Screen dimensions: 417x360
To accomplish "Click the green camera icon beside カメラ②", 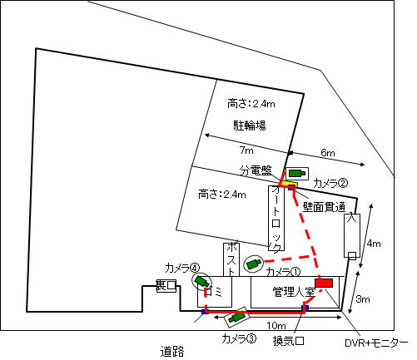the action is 296,174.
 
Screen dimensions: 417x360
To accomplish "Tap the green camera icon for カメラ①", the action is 253,264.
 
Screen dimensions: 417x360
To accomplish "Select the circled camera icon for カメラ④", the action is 201,282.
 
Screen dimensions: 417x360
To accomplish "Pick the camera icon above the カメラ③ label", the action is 237,317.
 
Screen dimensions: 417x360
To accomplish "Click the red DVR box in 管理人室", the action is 324,283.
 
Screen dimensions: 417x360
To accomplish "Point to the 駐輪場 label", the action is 250,126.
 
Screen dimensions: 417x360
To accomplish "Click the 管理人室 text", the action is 294,292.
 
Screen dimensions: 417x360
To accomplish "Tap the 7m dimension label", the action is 246,150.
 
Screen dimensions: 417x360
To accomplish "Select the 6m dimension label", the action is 328,153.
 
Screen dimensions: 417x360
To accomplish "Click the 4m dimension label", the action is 374,244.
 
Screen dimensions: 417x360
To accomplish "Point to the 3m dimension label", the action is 363,299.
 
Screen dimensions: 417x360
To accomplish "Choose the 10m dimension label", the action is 276,325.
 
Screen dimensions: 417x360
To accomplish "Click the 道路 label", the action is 172,352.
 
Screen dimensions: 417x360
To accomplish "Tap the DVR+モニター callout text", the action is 376,343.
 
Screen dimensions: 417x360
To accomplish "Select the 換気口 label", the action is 289,341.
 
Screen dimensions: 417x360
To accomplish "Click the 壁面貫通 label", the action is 324,207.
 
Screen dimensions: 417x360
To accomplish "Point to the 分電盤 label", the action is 256,170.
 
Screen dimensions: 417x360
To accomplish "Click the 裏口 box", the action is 166,286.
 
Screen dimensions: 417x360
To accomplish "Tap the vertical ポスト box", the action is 231,259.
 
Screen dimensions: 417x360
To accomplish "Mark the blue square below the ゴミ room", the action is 205,312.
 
